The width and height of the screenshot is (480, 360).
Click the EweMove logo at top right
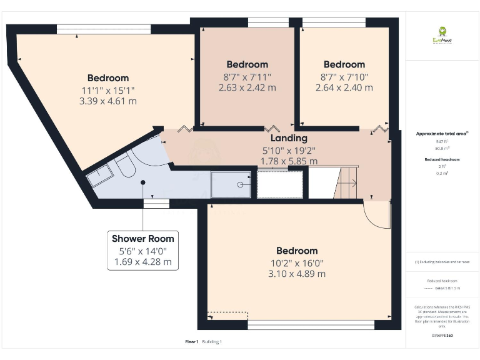[442, 34]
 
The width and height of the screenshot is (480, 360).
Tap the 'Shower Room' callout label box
[142, 250]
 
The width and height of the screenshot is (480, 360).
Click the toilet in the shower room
[123, 166]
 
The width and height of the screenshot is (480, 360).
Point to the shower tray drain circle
[241, 184]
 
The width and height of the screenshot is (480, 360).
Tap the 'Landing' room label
[288, 138]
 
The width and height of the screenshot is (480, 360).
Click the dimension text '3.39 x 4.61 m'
[108, 101]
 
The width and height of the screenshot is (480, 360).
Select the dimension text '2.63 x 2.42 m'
[247, 87]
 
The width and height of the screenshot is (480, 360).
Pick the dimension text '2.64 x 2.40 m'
[344, 87]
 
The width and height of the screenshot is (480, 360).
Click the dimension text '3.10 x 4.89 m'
[297, 274]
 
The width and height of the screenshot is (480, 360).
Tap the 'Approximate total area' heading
[442, 134]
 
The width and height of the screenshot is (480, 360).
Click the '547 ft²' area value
[442, 142]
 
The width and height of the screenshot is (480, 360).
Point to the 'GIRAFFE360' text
[442, 336]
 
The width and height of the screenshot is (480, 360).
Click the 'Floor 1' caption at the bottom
[192, 342]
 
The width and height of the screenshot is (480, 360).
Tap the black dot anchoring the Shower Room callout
[143, 182]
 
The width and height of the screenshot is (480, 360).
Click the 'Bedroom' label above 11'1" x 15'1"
[108, 78]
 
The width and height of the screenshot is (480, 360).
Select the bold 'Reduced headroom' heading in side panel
[442, 159]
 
